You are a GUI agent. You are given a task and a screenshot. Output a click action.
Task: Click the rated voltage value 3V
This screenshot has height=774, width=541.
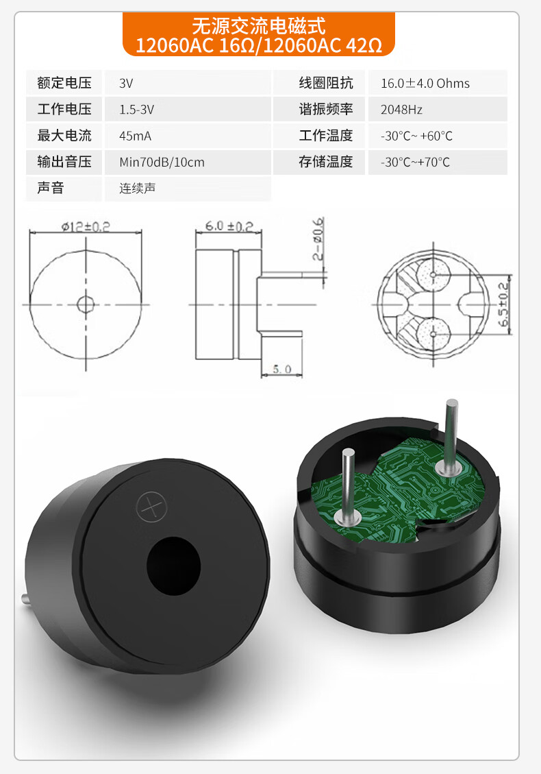[x=126, y=84]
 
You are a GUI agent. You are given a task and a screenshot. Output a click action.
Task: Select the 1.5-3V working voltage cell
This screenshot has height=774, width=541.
[x=137, y=110]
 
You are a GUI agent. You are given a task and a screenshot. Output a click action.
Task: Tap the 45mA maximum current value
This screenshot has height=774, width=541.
[x=135, y=136]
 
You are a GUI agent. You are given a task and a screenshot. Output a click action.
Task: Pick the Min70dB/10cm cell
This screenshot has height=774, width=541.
[x=162, y=162]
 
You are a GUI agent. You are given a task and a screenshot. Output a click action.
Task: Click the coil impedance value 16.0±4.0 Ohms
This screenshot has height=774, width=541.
[x=425, y=84]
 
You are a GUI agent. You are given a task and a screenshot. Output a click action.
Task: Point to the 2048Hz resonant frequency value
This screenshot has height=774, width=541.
[x=401, y=110]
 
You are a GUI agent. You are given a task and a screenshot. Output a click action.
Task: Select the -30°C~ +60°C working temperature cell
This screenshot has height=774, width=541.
[x=416, y=136]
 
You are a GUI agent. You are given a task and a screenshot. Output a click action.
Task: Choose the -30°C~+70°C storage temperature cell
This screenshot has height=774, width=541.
[x=415, y=162]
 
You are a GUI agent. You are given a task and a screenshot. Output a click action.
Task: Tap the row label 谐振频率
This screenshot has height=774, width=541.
[x=325, y=110]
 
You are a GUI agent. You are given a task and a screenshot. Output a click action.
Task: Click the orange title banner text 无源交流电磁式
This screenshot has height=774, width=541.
[x=258, y=26]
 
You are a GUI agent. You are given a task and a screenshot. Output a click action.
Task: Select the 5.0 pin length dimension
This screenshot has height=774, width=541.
[x=282, y=369]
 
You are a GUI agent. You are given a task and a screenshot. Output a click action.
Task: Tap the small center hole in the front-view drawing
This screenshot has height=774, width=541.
[x=86, y=304]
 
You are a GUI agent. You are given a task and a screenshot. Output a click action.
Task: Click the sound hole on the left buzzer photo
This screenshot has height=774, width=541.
[x=173, y=566]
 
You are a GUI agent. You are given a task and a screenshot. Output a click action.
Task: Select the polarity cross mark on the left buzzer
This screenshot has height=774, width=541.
[x=151, y=507]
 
